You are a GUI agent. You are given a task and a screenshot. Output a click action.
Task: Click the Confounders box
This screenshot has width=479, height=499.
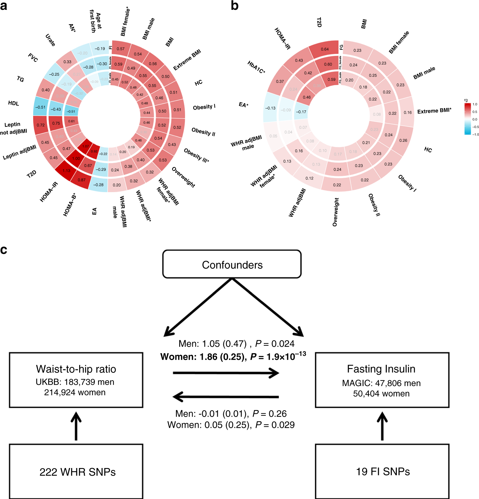(232, 264)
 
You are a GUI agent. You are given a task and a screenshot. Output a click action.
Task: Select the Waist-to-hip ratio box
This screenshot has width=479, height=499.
(76, 380)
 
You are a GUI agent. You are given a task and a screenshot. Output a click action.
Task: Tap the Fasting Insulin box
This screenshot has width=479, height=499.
(382, 380)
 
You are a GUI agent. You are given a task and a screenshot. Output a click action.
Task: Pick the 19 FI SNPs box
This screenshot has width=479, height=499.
(383, 471)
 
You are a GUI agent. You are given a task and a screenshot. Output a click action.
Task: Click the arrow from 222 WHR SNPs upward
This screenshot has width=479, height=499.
(76, 426)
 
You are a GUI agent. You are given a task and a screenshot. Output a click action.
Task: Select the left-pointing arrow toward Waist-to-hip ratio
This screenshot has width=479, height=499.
(225, 397)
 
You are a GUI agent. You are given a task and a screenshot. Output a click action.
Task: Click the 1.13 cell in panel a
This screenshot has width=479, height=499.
(66, 171)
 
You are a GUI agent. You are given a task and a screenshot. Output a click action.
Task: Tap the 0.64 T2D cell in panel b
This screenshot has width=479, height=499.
(325, 49)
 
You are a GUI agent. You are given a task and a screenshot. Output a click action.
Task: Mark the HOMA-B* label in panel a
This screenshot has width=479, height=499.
(69, 205)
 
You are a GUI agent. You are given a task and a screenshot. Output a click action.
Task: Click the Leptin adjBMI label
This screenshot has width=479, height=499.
(19, 152)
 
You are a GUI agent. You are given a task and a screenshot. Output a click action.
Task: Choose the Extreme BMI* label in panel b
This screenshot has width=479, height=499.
(434, 111)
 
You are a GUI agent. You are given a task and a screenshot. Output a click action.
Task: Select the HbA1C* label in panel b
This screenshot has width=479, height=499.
(256, 67)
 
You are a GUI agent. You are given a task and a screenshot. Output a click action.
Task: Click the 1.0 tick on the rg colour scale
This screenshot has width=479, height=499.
(475, 104)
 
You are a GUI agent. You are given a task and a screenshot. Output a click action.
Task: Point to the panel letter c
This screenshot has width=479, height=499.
(4, 250)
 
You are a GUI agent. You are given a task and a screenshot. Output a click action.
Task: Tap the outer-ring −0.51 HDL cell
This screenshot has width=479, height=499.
(41, 107)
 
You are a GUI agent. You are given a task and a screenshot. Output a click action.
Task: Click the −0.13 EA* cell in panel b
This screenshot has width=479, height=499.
(270, 108)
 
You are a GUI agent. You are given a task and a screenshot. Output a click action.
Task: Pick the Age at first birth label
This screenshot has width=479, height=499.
(95, 21)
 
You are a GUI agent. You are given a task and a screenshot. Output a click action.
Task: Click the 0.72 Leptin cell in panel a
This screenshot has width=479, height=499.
(41, 125)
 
